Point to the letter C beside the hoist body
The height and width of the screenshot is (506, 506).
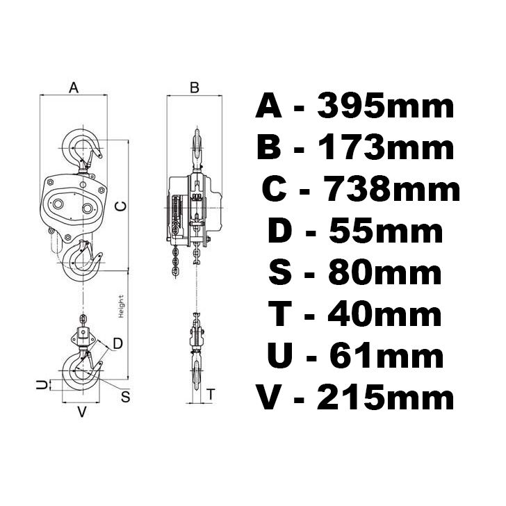coord(120,206)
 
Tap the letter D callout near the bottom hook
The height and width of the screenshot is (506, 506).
coord(117,343)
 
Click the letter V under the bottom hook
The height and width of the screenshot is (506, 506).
coord(81,411)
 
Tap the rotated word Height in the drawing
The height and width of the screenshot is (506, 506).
coord(121,307)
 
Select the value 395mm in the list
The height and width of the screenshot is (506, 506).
coord(386,107)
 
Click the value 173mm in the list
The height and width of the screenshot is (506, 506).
coord(386,148)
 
